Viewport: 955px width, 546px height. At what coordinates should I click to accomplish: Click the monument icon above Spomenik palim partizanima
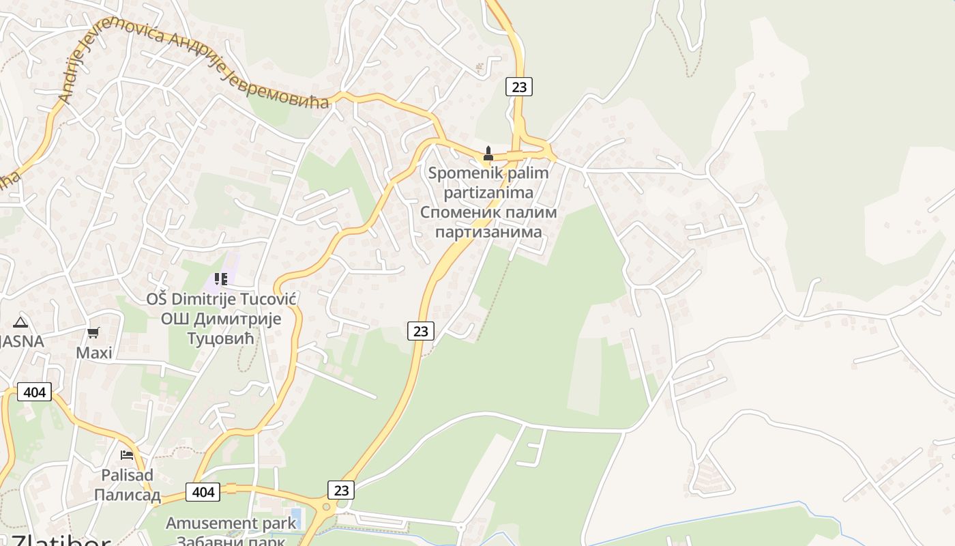point(488,154)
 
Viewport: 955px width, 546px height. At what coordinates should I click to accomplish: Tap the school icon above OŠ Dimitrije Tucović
point(220,278)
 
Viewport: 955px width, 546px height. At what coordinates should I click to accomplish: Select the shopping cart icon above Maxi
point(93,332)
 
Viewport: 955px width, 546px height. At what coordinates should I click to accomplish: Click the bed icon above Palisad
point(127,455)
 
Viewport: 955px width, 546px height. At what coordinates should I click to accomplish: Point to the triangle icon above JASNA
point(20,322)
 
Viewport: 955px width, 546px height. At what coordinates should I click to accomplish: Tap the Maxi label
point(94,353)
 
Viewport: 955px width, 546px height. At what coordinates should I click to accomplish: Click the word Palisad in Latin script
point(127,475)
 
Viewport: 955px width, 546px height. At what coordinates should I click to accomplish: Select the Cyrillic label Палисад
point(127,495)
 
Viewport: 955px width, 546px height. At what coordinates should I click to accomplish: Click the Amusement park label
point(231,523)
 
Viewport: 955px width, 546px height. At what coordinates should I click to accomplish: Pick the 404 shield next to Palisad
point(203,491)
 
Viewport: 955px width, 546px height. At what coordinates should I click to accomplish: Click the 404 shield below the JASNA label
point(34,392)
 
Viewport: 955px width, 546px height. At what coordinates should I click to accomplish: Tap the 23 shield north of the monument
point(519,87)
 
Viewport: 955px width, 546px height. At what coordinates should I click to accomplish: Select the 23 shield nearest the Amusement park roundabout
point(341,489)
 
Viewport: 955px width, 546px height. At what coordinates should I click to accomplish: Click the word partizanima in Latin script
point(488,192)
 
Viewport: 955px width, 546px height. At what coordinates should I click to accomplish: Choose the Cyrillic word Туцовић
point(220,339)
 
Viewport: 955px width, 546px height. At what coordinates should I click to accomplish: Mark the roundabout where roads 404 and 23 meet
point(326,507)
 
